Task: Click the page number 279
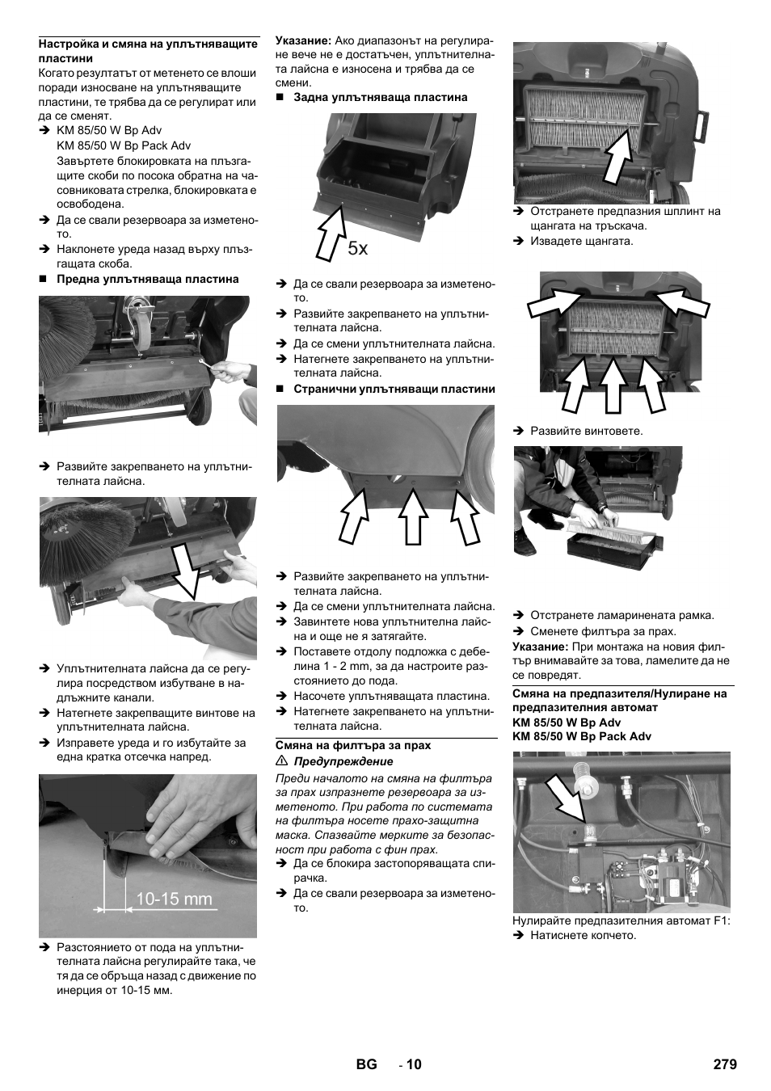point(725,1064)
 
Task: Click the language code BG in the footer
point(366,1064)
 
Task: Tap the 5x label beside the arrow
point(358,248)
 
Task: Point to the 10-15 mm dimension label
point(174,899)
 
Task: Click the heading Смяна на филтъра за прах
point(353,746)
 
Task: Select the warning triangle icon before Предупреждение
point(282,761)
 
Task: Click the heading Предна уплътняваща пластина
point(147,279)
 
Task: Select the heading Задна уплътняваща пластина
point(380,97)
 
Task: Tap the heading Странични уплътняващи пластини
point(394,389)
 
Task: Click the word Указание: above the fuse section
point(540,647)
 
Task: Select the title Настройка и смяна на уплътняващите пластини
point(148,51)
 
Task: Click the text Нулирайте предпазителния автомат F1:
point(621,920)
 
